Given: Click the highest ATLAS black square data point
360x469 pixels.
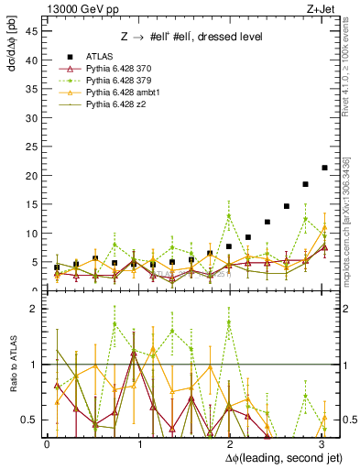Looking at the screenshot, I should tap(324, 168).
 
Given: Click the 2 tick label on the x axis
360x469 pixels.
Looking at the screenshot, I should tap(231, 444).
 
